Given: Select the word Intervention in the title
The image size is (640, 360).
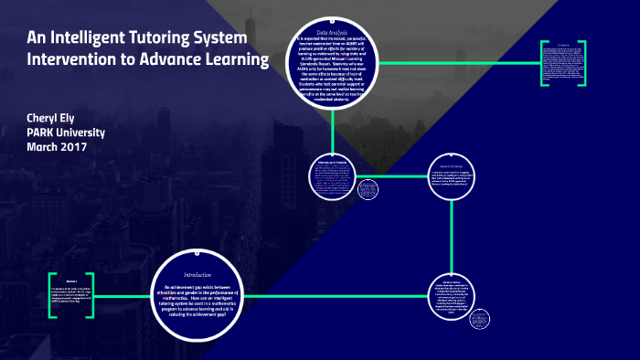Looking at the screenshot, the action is pos(69,61).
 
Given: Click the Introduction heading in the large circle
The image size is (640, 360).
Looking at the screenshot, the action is pos(198,275).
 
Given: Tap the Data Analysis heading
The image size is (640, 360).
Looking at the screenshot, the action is pos(340,32).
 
